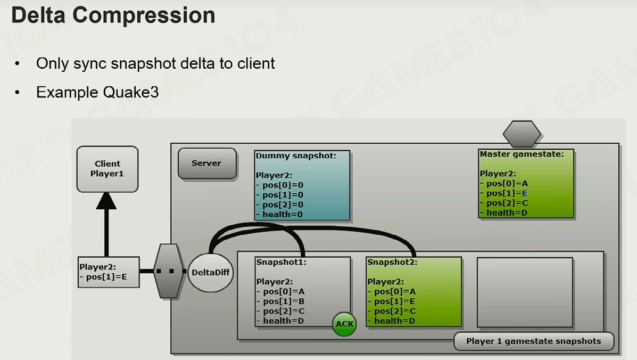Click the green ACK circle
(344, 324)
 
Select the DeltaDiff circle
(210, 273)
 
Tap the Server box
(207, 163)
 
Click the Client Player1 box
(107, 169)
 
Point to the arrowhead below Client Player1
(106, 201)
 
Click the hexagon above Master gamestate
(522, 133)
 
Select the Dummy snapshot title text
(296, 156)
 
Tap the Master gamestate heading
(522, 154)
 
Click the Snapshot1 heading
(281, 262)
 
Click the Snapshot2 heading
(392, 262)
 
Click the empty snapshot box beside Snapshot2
(525, 292)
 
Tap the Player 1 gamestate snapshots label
(533, 341)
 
